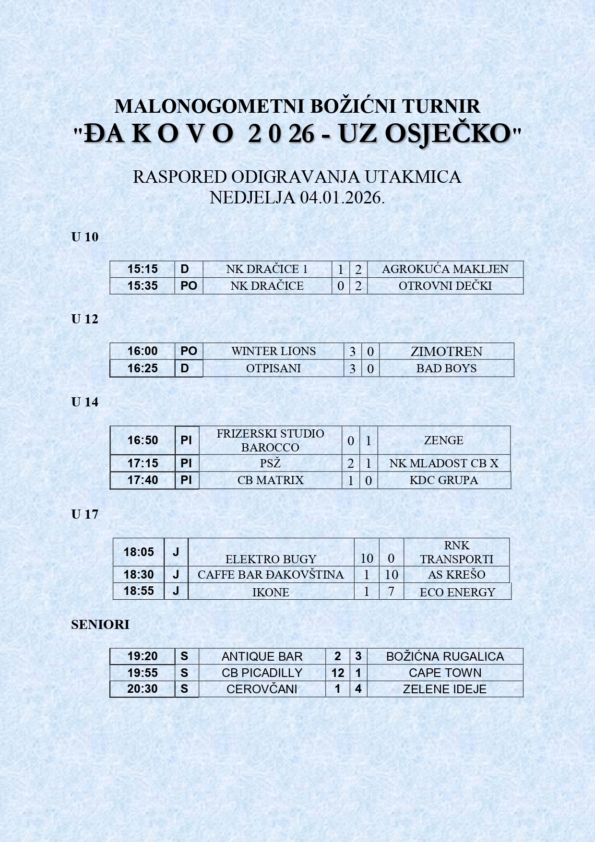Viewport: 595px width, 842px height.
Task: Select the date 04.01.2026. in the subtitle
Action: pyautogui.click(x=342, y=198)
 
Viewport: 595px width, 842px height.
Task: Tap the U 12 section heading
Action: pyautogui.click(x=84, y=319)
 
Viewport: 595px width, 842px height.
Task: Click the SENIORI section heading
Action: pyautogui.click(x=100, y=625)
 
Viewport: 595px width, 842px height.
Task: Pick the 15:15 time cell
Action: pyautogui.click(x=142, y=269)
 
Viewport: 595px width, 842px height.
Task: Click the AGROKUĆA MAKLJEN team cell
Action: pyautogui.click(x=445, y=269)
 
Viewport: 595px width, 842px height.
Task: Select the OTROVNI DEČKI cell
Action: pyautogui.click(x=445, y=286)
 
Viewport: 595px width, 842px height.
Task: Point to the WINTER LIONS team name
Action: pyautogui.click(x=273, y=351)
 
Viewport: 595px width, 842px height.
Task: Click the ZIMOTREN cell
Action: pyautogui.click(x=446, y=352)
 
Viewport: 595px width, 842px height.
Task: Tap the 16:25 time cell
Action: pyautogui.click(x=142, y=368)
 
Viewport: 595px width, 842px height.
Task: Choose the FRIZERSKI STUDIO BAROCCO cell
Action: pyautogui.click(x=270, y=440)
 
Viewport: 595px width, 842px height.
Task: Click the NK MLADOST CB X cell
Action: pyautogui.click(x=443, y=463)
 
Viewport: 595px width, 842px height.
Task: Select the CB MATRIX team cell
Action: pyautogui.click(x=270, y=480)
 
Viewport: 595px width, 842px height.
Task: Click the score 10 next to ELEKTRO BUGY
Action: pyautogui.click(x=367, y=558)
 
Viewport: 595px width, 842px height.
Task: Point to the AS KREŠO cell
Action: pyautogui.click(x=456, y=575)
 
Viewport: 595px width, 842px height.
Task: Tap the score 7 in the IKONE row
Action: pyautogui.click(x=391, y=592)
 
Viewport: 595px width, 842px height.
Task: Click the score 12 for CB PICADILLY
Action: pyautogui.click(x=337, y=673)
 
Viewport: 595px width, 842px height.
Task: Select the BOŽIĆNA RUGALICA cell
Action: pyautogui.click(x=445, y=657)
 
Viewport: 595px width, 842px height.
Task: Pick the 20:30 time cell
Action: pyautogui.click(x=142, y=689)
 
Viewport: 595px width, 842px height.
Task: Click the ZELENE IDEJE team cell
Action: pyautogui.click(x=444, y=689)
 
